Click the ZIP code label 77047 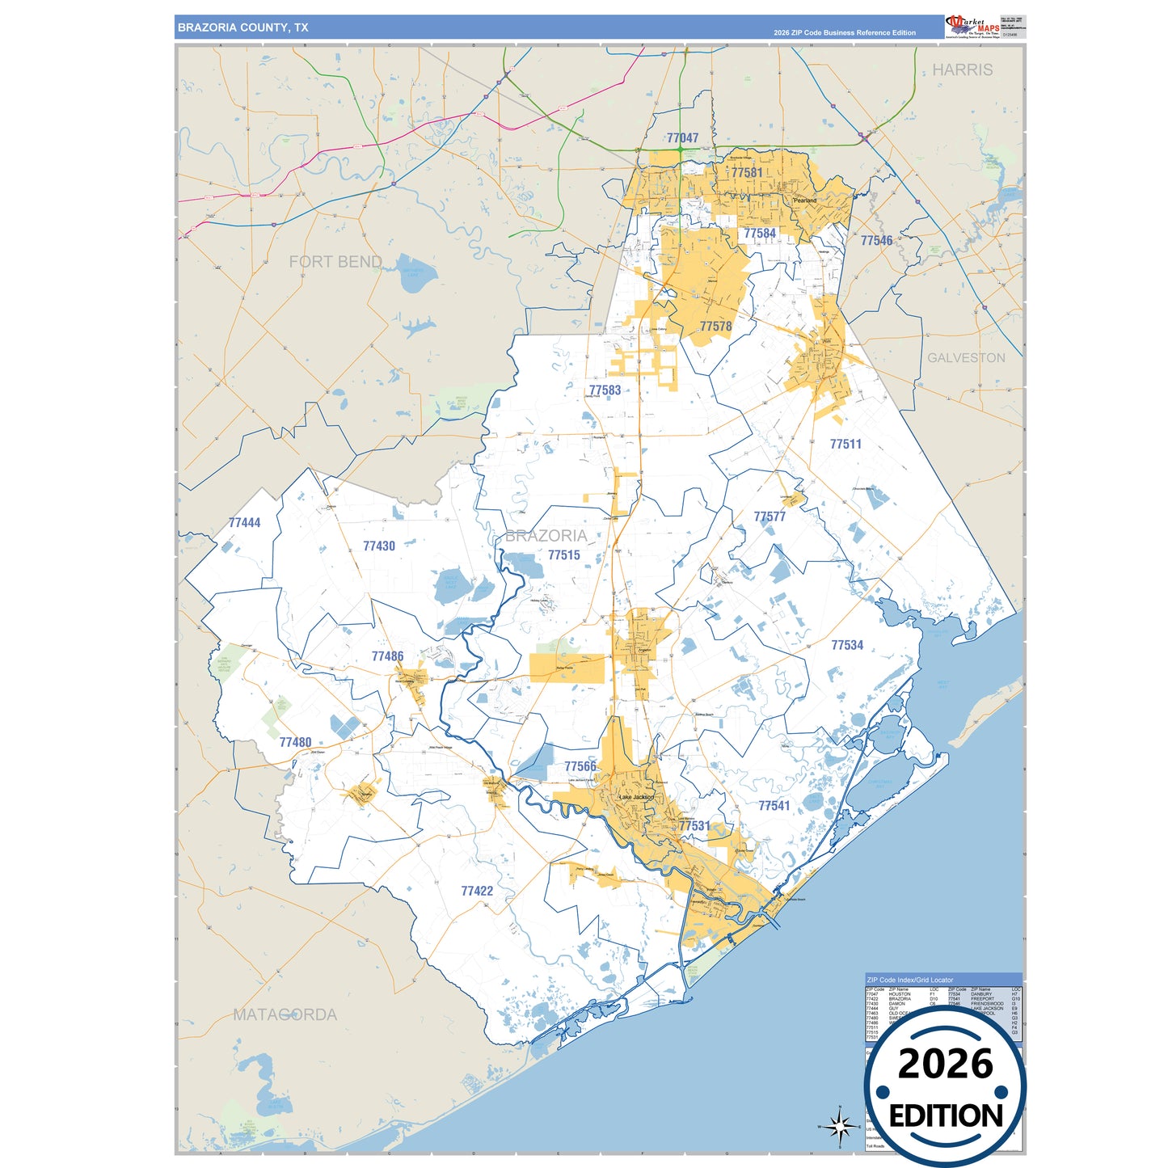pos(682,138)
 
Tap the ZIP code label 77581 pos(747,172)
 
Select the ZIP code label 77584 pos(760,234)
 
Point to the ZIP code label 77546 pos(876,241)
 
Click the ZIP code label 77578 pos(715,327)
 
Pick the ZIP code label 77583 pos(605,390)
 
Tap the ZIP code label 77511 pos(845,444)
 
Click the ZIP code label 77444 pos(244,523)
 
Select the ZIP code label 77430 pos(379,546)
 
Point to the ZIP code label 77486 pos(387,656)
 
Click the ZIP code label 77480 pos(295,742)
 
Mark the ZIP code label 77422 pos(477,891)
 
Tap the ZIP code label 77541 pos(774,806)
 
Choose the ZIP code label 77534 pos(847,645)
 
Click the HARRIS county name pos(962,70)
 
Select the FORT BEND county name pos(335,262)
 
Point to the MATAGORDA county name pos(285,1014)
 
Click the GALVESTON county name pos(966,358)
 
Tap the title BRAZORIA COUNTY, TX pos(243,27)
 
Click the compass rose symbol pos(839,1125)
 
